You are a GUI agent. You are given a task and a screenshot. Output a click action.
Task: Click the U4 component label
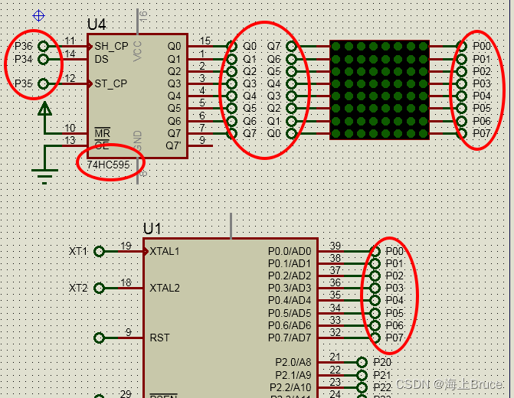coord(97,25)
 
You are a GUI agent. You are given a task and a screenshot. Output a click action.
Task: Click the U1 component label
coord(152,229)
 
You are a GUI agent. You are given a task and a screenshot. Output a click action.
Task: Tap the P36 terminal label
coord(24,46)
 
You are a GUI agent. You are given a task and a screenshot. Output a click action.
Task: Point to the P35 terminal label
coord(24,83)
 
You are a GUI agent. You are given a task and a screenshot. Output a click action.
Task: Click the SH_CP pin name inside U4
coord(111,46)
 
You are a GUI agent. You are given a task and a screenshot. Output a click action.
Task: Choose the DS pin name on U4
coord(101,58)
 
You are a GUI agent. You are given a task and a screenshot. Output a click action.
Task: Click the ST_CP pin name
coord(111,83)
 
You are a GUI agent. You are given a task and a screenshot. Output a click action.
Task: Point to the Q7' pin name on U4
coord(175,145)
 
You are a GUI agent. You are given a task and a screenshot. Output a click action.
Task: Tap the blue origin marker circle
coord(39,15)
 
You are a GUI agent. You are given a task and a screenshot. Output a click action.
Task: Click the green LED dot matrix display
coord(378,90)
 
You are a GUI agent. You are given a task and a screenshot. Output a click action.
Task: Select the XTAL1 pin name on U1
coord(165,251)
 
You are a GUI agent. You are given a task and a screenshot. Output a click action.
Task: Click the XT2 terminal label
coord(78,288)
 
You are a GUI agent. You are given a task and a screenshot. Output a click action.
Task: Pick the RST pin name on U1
coord(159,338)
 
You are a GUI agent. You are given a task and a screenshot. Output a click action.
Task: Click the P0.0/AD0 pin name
coord(290,251)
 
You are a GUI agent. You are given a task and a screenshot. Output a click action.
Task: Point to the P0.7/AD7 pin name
coord(290,338)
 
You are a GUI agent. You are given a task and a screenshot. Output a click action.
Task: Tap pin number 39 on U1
coord(335,246)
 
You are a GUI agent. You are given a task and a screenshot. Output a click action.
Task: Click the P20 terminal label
coord(382,362)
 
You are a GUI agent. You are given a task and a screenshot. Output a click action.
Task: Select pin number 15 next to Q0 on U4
coord(205,41)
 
